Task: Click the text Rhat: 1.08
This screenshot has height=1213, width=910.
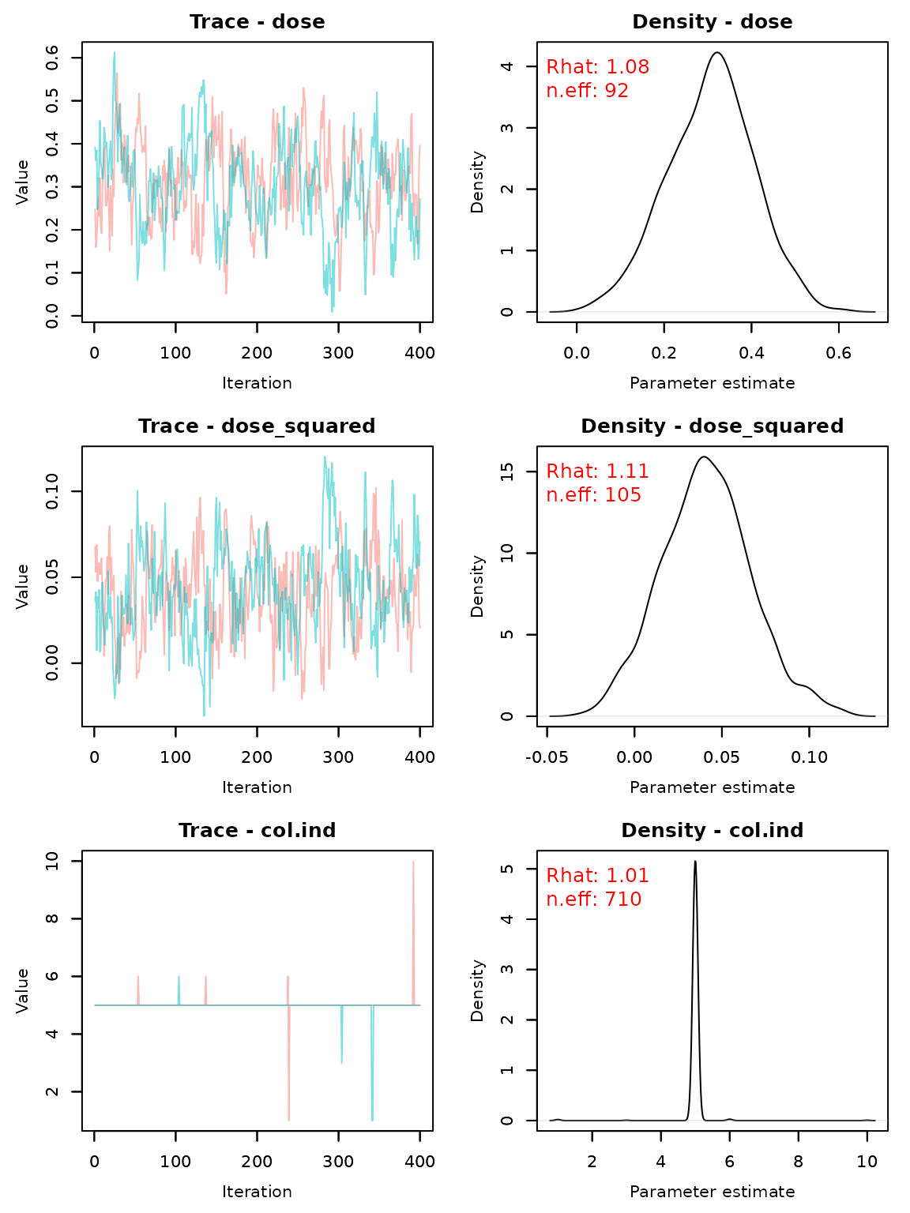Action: tap(597, 68)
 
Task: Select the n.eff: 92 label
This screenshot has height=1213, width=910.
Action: tap(587, 92)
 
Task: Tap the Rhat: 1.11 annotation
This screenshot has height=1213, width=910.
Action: tap(597, 472)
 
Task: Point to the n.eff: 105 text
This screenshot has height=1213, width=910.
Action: tap(593, 496)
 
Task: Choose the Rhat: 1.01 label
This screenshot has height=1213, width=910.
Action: tap(597, 877)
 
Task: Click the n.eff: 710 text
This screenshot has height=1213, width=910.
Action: tap(593, 900)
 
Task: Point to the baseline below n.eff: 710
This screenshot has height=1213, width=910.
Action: tap(711, 1121)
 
